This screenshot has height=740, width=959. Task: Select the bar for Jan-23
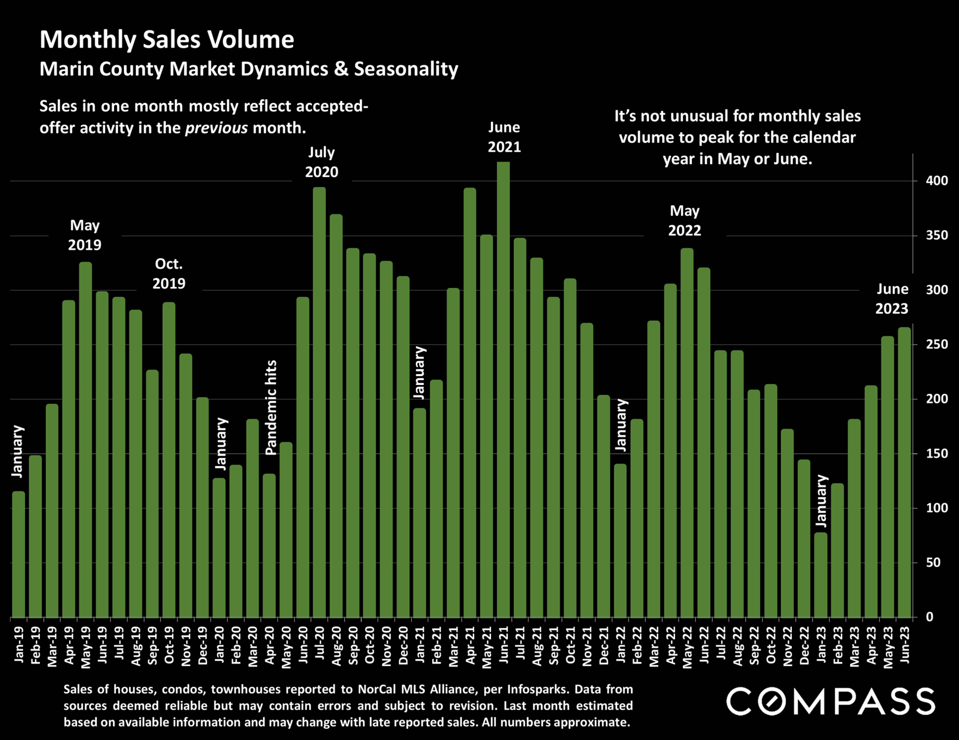821,575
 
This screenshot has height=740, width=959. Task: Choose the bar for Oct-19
169,460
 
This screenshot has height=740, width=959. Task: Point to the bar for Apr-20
269,546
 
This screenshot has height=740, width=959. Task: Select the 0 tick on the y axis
930,617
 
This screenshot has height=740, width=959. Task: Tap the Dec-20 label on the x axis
403,645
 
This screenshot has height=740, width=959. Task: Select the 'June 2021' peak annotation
504,137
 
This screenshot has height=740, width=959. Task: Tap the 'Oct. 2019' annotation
169,273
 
